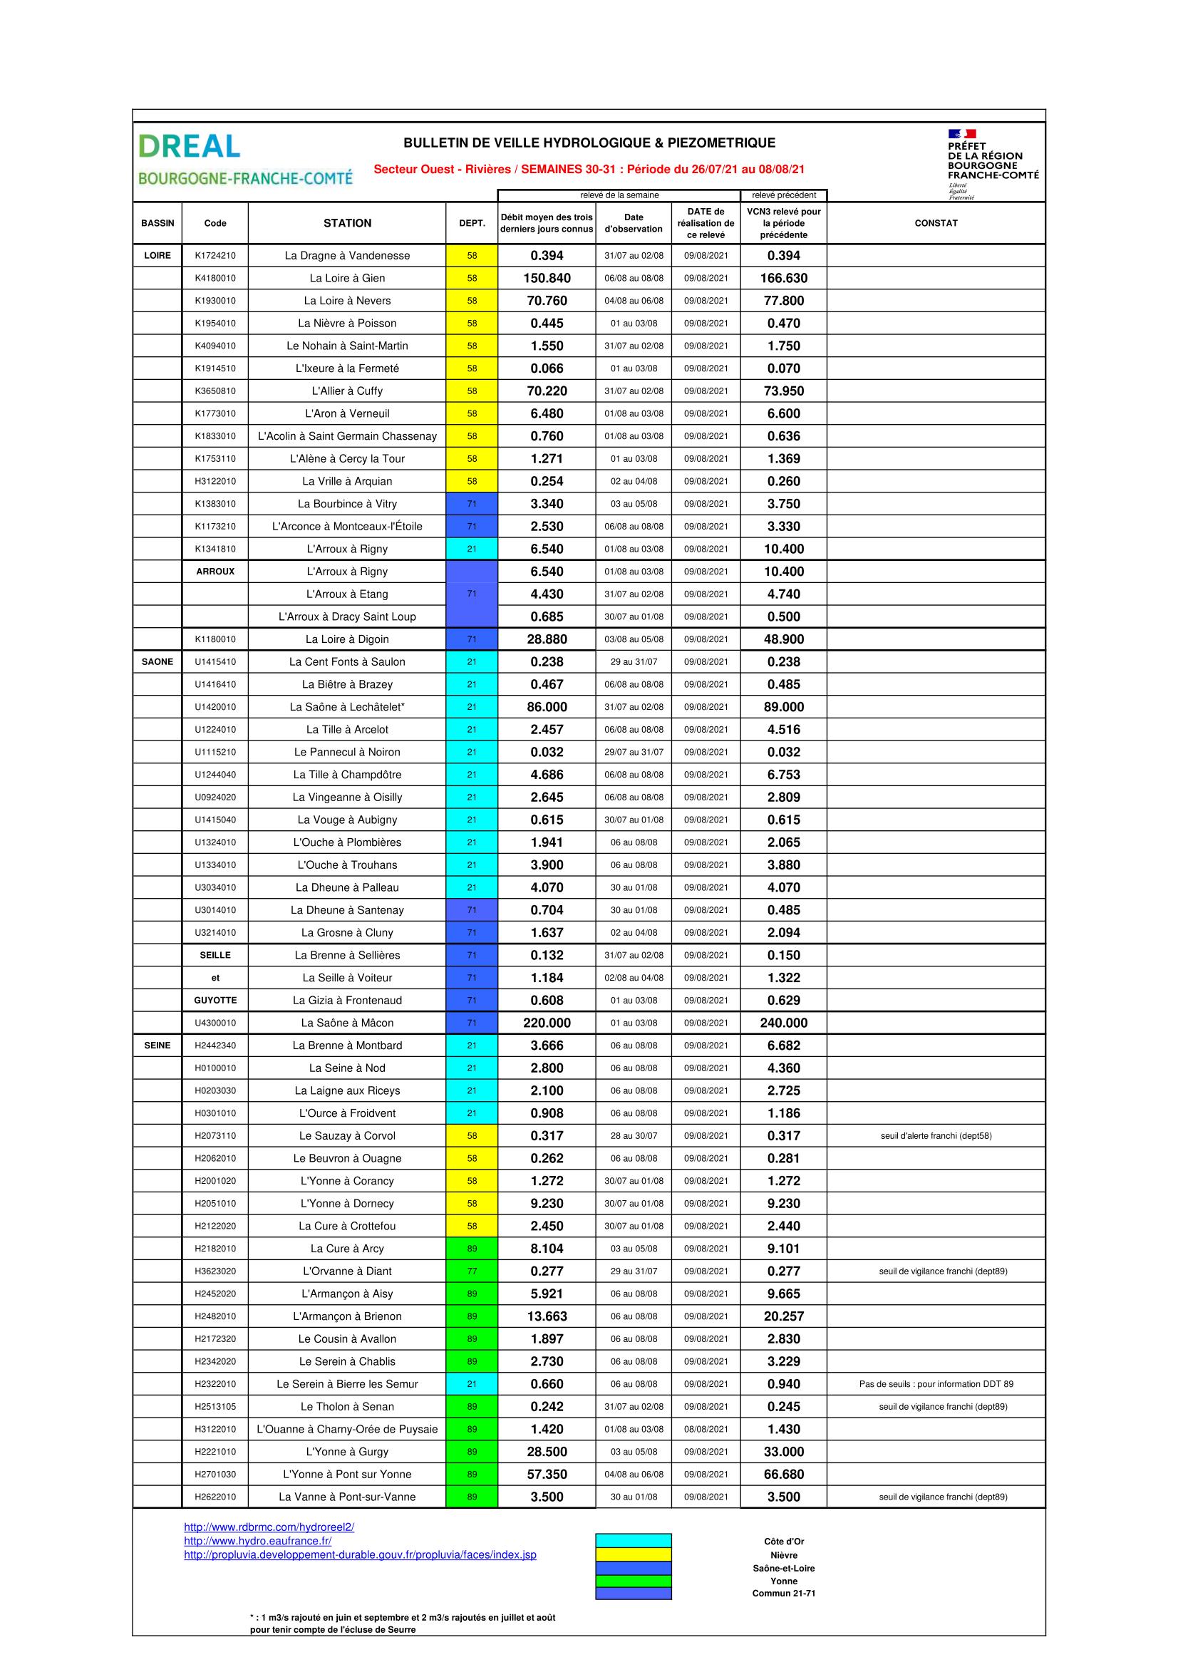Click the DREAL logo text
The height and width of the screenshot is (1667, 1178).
click(x=189, y=146)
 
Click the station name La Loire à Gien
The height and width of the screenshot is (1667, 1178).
click(x=347, y=278)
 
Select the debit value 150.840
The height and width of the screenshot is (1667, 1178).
click(x=547, y=278)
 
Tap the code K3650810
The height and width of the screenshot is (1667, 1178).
click(x=215, y=391)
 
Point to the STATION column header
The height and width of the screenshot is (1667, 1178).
click(x=347, y=223)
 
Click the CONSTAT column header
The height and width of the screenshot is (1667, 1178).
click(x=936, y=223)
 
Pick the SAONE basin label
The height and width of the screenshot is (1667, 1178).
click(x=157, y=661)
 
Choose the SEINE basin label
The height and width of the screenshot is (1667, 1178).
click(x=157, y=1046)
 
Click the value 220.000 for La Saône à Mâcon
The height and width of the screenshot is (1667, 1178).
click(x=547, y=1023)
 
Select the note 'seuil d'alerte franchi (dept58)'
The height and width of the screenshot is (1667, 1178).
click(x=936, y=1135)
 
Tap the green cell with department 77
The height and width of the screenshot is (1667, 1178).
click(x=472, y=1271)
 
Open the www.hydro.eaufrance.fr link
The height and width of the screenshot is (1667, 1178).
click(x=258, y=1541)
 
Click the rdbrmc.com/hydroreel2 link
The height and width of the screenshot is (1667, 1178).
click(x=269, y=1527)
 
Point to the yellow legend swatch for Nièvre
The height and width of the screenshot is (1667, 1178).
click(x=633, y=1554)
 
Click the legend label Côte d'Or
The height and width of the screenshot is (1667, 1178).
click(x=784, y=1542)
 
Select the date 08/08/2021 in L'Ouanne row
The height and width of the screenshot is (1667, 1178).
click(x=706, y=1429)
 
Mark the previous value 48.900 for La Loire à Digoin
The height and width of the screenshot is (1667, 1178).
click(x=784, y=639)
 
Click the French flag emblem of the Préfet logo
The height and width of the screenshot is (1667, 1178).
click(x=961, y=133)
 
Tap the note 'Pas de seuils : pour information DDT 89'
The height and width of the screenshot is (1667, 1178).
click(x=936, y=1384)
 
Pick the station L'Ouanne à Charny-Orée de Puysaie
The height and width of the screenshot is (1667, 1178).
click(x=347, y=1429)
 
